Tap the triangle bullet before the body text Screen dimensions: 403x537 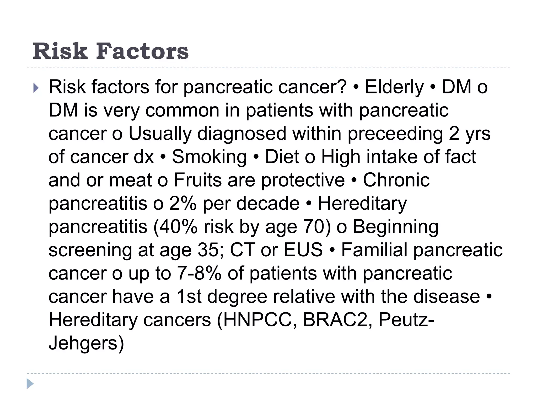pos(36,88)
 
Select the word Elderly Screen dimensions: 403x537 pos(394,87)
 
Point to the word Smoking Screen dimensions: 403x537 pos(209,157)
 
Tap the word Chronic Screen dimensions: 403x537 pos(396,180)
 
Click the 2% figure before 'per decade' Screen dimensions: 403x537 pos(183,204)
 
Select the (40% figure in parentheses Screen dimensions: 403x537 pos(175,227)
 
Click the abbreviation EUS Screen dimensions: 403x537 pos(303,250)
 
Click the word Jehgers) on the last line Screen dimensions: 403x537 pos(86,343)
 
